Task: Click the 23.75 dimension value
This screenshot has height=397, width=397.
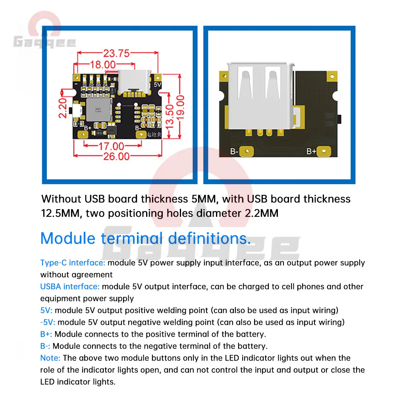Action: point(116,53)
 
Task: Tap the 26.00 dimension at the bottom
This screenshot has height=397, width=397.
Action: point(117,156)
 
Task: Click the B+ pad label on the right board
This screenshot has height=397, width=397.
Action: point(311,151)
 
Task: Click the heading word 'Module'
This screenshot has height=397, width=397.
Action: point(68,238)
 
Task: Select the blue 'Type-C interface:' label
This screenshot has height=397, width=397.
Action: point(73,263)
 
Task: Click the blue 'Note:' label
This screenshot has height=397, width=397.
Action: point(50,358)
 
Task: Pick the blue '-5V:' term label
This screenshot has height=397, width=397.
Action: point(48,322)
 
